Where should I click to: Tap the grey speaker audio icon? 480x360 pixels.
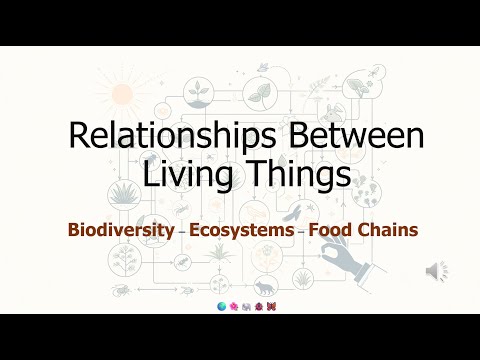(436, 271)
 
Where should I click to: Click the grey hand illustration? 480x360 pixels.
(395, 275)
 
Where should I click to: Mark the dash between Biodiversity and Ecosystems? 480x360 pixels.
(181, 232)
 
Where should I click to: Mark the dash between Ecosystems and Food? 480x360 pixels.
(302, 232)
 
